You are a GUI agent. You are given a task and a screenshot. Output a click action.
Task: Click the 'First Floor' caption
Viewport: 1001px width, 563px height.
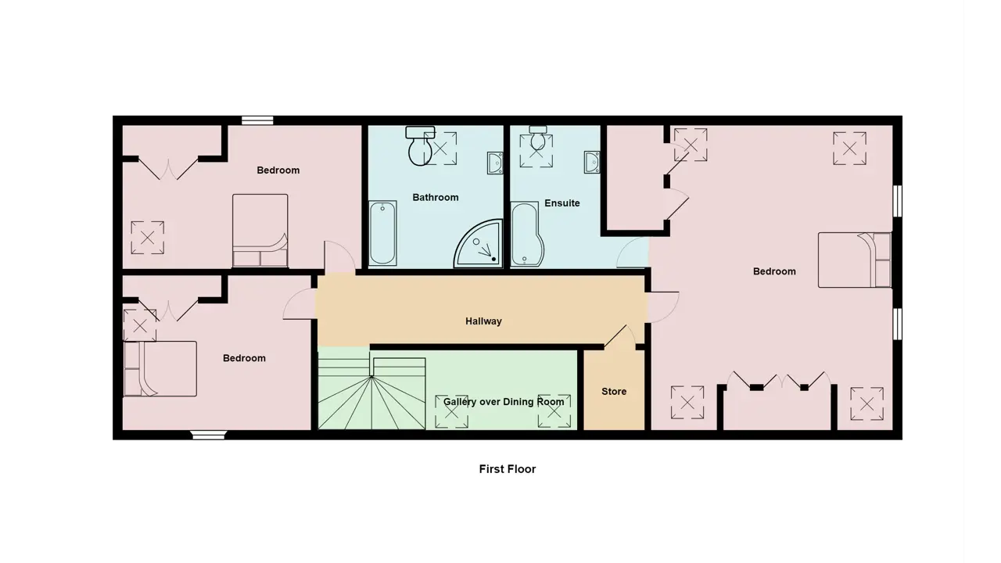tap(508, 469)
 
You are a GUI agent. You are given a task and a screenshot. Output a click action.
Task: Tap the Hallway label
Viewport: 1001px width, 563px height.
tap(483, 321)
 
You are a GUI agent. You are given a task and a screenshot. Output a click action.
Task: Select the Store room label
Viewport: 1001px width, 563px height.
tap(614, 392)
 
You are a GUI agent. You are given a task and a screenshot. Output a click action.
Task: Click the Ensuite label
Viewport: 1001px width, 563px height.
tap(562, 203)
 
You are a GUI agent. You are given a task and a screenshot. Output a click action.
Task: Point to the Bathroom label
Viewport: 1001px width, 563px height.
tap(436, 198)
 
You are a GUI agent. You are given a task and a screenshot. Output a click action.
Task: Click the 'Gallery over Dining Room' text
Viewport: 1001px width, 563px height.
tap(504, 402)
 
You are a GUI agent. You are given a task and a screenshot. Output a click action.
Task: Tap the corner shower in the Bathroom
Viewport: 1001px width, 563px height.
tap(478, 244)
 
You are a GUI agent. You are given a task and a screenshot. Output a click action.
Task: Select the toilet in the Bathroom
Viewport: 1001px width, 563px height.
tap(420, 145)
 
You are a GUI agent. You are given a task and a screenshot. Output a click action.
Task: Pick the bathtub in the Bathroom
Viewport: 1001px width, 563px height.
tap(382, 233)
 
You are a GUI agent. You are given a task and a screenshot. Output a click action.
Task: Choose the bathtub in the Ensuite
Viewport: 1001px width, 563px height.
tap(527, 235)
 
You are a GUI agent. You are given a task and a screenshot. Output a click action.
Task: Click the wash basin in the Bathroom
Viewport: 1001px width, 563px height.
tap(495, 163)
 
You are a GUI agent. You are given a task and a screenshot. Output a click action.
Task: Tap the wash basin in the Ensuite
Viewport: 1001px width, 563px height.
tap(592, 162)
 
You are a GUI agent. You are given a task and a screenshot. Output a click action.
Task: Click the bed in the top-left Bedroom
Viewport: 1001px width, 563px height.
tap(260, 231)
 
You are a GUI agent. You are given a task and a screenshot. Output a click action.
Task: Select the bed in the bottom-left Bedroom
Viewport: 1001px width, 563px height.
tap(160, 368)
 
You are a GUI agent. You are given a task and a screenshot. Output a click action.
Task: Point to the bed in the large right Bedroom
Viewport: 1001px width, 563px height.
tap(855, 260)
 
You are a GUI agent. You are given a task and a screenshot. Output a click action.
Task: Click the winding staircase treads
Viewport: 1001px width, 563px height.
tap(371, 393)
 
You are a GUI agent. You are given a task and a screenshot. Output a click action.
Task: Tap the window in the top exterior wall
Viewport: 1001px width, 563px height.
tap(257, 120)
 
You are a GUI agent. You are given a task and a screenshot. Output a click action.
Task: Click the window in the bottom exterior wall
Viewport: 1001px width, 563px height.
tap(209, 435)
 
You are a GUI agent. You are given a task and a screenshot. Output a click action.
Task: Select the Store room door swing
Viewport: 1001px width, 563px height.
tap(620, 337)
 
